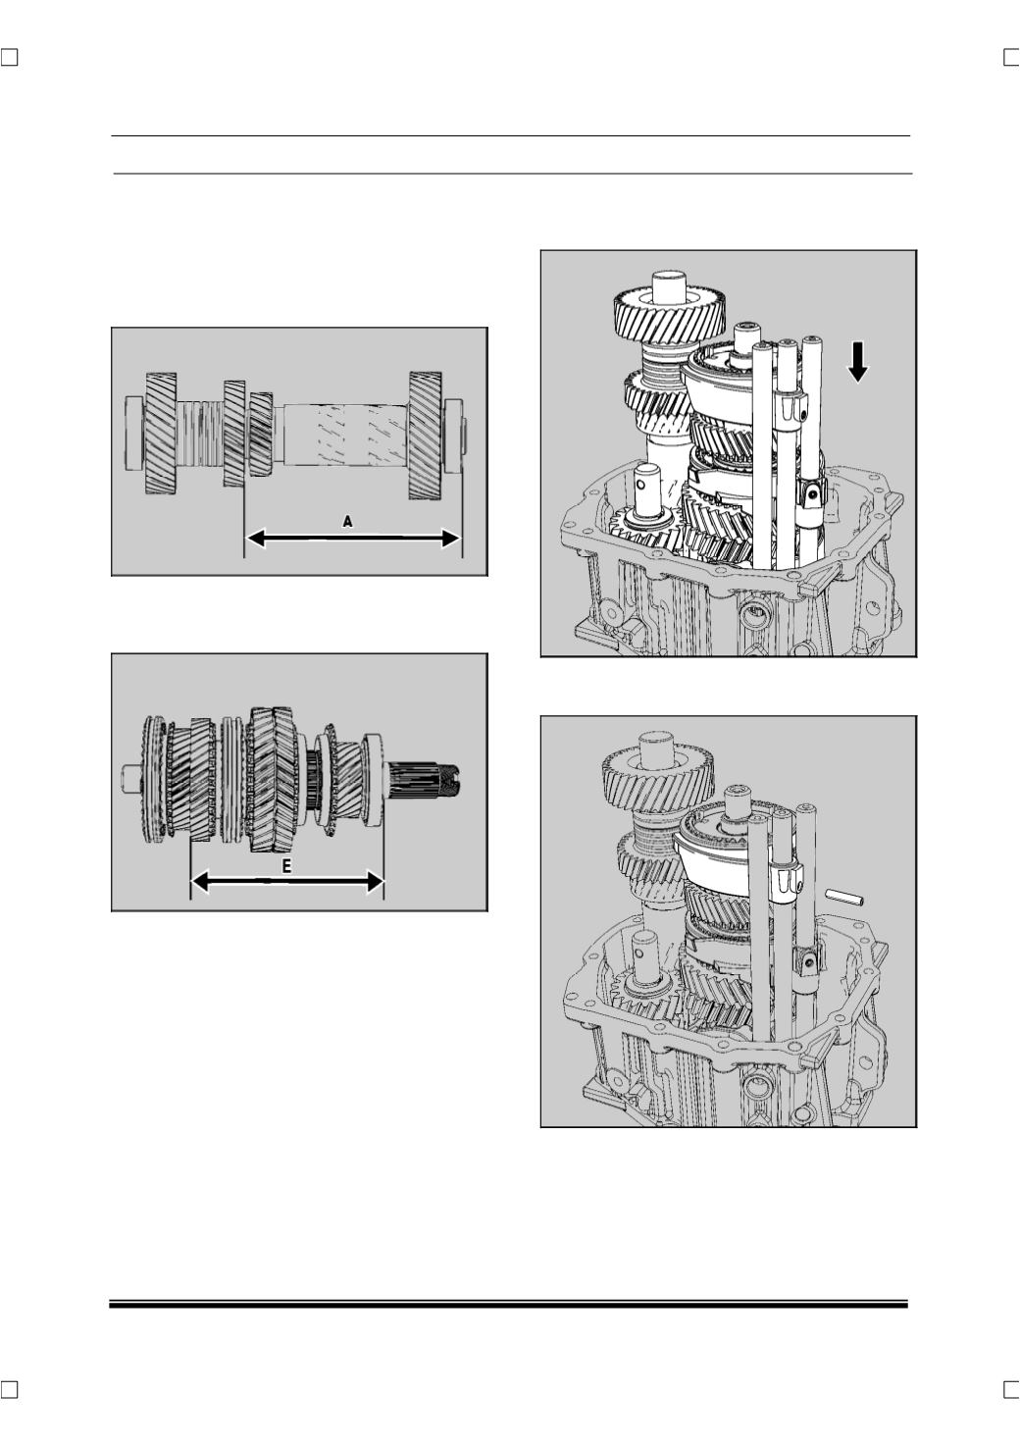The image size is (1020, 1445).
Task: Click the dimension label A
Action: [347, 521]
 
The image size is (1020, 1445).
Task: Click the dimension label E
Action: [287, 865]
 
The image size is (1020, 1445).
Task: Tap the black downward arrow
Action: [857, 363]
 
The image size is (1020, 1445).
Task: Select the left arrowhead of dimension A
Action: [256, 538]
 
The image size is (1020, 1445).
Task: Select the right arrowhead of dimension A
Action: [450, 538]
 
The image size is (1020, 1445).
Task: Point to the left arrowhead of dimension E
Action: [201, 882]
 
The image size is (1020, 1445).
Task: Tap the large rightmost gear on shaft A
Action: [425, 437]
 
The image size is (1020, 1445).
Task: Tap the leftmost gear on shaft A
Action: [161, 434]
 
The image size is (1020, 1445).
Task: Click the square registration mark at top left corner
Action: [9, 58]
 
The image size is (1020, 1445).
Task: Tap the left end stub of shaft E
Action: [130, 778]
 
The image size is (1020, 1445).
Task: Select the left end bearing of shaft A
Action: [134, 433]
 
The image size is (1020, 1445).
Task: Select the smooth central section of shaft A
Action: [345, 434]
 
